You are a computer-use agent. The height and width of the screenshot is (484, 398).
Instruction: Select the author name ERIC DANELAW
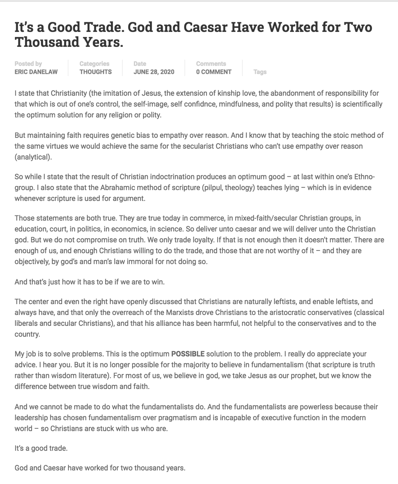(x=36, y=72)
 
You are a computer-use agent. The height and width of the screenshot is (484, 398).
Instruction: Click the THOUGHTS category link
(x=95, y=72)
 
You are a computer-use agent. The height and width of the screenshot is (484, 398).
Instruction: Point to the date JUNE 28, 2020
(x=154, y=72)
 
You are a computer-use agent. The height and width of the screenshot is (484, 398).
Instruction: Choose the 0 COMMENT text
(x=214, y=72)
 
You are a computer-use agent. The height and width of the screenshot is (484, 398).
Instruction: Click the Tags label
(x=260, y=72)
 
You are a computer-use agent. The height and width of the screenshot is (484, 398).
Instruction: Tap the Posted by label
(x=28, y=64)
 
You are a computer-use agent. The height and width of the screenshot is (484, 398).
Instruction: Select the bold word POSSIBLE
(x=188, y=354)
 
